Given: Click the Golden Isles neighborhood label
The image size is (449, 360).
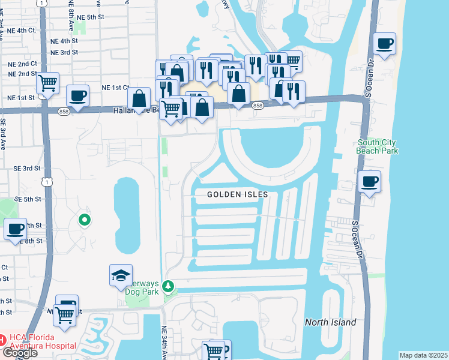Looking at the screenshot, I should (x=238, y=194).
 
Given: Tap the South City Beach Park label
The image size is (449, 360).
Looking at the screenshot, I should (x=377, y=146).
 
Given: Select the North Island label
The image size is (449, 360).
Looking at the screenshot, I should (x=330, y=322).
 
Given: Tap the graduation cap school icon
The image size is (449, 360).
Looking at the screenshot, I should (x=121, y=276).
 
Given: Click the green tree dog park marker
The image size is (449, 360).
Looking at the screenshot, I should (x=170, y=285).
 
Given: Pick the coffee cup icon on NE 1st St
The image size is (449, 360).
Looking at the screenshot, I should (x=77, y=95).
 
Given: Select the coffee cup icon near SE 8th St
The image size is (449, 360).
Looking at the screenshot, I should (x=15, y=229).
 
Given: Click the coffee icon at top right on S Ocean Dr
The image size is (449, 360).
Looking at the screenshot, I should (x=384, y=43).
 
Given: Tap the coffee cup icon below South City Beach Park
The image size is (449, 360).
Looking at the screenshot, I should (x=370, y=181).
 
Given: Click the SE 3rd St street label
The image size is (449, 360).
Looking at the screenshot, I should (x=28, y=169).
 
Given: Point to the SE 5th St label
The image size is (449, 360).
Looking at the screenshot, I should (x=28, y=199).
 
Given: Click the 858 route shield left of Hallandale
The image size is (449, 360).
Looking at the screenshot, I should (x=64, y=112).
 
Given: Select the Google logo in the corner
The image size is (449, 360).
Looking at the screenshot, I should (x=19, y=353).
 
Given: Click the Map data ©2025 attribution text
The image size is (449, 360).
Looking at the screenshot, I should (x=423, y=355).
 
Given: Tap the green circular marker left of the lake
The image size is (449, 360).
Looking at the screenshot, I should (x=85, y=220).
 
